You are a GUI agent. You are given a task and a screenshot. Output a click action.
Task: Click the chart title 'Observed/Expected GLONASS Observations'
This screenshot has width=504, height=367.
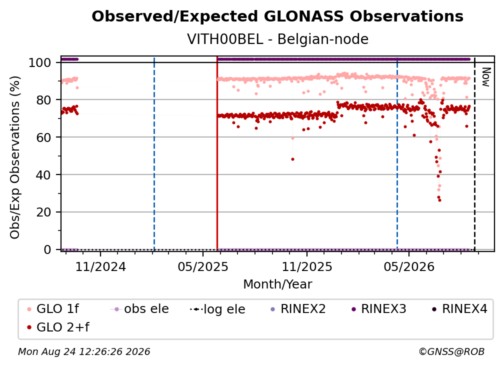[x=277, y=16]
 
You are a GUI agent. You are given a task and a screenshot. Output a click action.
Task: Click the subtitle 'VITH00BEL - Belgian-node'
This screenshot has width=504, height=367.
[x=277, y=39]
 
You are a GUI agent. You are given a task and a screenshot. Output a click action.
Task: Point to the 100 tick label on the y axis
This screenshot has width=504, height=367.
[x=40, y=62]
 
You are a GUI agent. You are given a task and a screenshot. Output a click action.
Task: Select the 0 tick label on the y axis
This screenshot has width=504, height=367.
[x=47, y=249]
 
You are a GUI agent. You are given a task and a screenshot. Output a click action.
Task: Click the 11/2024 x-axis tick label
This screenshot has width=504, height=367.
[x=100, y=266]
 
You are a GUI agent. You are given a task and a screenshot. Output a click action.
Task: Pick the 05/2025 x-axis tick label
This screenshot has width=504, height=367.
[x=203, y=266]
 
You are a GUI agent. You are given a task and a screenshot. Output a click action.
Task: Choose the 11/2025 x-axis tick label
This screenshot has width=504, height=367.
[x=307, y=266]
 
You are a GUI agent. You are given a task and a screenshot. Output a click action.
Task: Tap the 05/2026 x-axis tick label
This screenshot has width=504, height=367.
[x=409, y=266]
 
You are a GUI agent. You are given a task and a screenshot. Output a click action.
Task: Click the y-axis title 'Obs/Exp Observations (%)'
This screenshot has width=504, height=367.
[x=15, y=157]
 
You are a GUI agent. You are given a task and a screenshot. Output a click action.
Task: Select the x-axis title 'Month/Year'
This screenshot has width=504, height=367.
[x=277, y=284]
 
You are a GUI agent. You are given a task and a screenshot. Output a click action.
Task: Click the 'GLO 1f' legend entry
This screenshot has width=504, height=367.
[x=53, y=309]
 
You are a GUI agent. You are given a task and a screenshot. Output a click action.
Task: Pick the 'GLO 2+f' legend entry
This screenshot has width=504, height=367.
[x=58, y=327]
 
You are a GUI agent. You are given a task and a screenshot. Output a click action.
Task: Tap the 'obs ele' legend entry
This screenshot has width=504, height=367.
[x=139, y=309]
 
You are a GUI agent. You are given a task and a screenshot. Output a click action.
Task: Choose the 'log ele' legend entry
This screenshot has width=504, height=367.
[x=217, y=309]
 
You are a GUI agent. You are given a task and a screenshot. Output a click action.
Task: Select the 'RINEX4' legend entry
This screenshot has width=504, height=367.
[x=459, y=309]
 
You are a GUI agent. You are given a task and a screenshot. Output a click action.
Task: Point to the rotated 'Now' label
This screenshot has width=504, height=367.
[x=485, y=77]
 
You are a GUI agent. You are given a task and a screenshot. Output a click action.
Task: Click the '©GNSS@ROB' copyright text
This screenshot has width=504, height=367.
[x=451, y=351]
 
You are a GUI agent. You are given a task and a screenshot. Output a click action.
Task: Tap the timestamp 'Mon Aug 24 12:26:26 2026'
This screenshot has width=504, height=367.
[x=84, y=351]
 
